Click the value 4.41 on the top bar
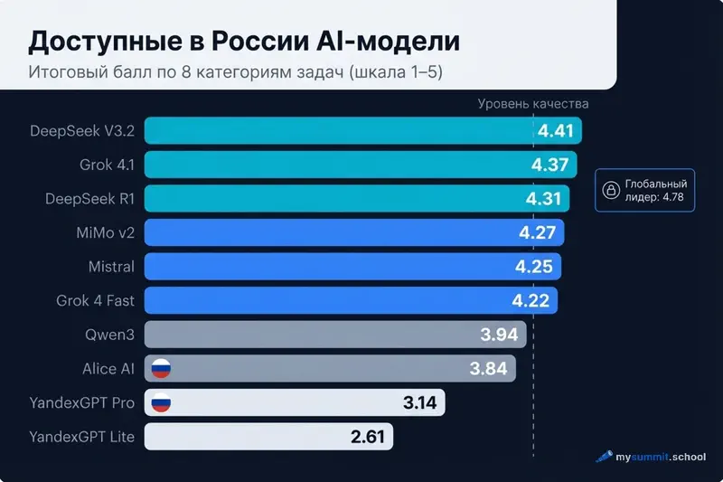(x=556, y=131)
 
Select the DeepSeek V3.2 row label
(x=82, y=130)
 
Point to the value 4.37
(x=549, y=165)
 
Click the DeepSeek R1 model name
(x=89, y=198)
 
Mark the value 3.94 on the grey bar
(x=499, y=336)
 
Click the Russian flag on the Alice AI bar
(x=161, y=369)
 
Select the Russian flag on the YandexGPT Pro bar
(x=161, y=403)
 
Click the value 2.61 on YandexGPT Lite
(x=368, y=438)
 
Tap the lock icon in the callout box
(x=611, y=190)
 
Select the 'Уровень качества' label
(x=533, y=103)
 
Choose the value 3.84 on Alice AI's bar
(x=489, y=369)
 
